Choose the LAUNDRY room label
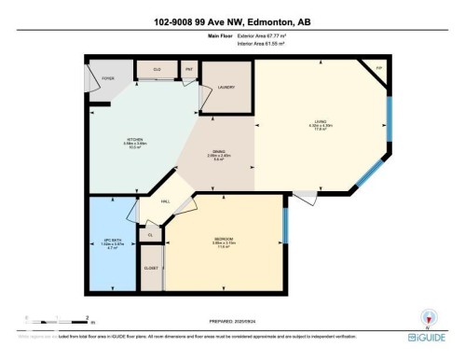[226, 88]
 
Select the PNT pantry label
[186, 69]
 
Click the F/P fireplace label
[378, 70]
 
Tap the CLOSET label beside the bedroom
[151, 269]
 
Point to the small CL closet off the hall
[151, 235]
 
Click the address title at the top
[232, 21]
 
